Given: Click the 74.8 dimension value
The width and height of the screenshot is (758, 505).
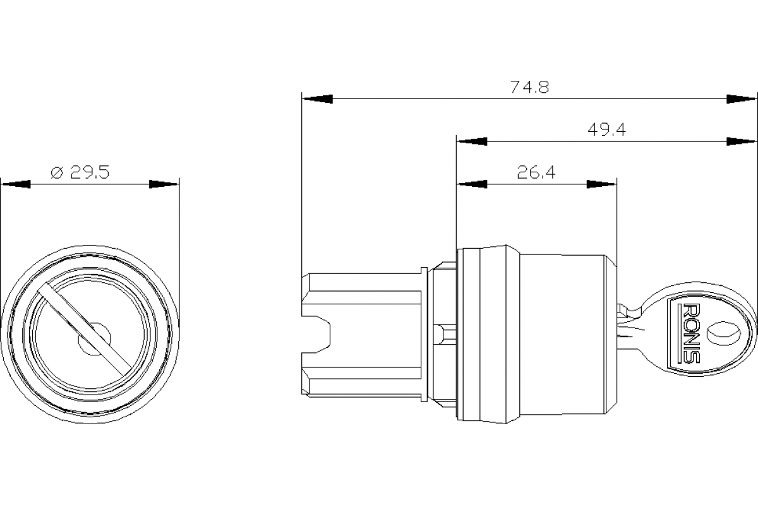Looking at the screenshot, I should click(529, 88).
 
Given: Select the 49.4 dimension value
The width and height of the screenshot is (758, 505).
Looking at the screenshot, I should click(606, 130).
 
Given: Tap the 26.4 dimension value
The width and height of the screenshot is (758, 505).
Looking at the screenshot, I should click(536, 172).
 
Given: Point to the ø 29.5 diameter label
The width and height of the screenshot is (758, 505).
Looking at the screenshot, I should click(79, 172).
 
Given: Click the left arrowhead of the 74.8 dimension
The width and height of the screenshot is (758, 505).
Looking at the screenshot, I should click(318, 99).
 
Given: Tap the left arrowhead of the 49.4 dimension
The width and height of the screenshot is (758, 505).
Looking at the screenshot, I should click(472, 141).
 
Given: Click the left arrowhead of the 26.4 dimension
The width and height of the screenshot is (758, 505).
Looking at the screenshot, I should click(472, 184).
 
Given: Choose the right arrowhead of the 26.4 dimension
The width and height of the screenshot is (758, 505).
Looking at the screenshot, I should click(601, 184).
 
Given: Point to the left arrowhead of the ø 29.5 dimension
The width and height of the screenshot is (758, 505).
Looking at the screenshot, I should click(16, 184).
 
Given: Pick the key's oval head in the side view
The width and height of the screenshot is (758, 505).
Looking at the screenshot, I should click(701, 332).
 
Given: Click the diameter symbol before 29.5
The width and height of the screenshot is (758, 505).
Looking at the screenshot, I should click(57, 172).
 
